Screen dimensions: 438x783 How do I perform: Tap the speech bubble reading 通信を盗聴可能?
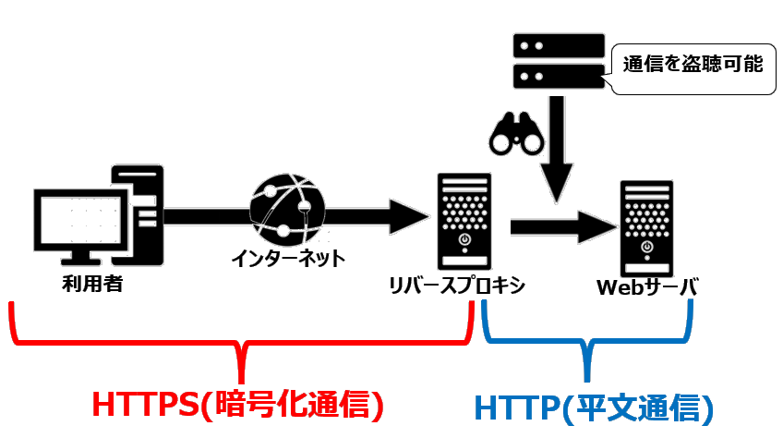pos(693,65)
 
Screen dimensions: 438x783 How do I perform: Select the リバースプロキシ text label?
pos(459,286)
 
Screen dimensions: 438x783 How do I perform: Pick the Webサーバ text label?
pos(646,287)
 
